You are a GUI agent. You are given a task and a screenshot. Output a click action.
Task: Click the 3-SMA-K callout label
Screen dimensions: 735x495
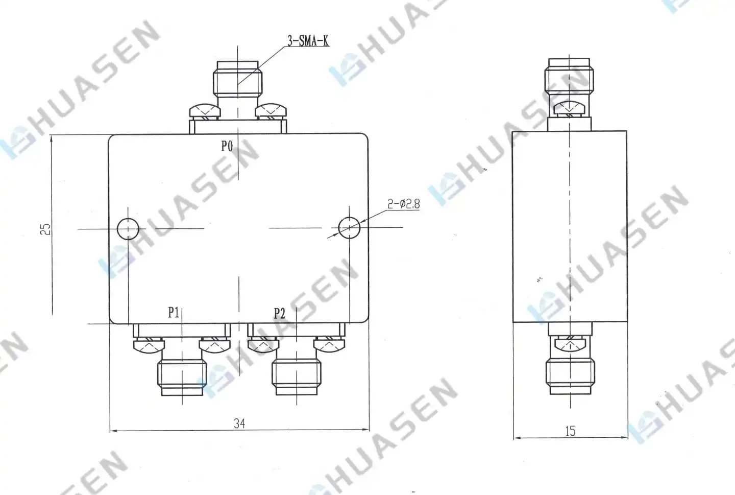[308, 41]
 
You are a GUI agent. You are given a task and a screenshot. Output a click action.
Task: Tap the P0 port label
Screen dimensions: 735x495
[227, 146]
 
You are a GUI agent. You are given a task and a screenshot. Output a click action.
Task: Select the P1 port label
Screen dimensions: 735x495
[174, 312]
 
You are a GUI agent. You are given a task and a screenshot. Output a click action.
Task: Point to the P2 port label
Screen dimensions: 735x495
[280, 314]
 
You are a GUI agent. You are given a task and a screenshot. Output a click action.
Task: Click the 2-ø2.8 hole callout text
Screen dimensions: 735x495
[403, 204]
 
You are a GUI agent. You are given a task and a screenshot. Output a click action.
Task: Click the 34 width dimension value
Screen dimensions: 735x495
[239, 423]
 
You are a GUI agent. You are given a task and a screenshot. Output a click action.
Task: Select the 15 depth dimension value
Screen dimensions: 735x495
[570, 431]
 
